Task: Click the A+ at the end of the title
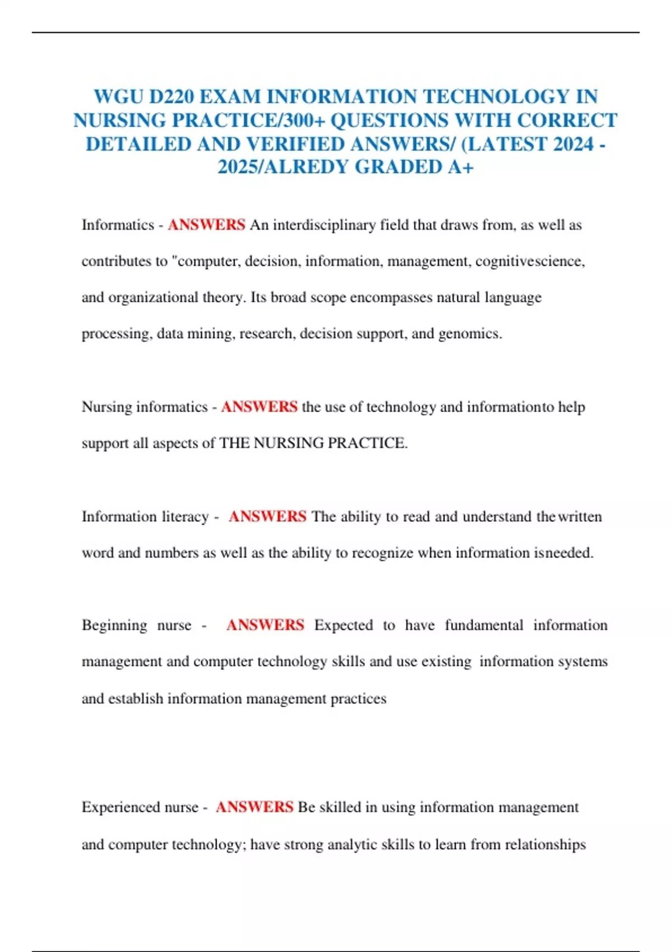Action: point(460,167)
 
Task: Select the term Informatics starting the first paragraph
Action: point(118,225)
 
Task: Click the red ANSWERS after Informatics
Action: point(206,225)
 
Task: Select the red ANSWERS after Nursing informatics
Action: point(259,407)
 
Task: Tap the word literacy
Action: point(185,516)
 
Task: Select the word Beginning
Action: point(114,625)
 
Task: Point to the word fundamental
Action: point(484,625)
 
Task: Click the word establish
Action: point(136,699)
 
